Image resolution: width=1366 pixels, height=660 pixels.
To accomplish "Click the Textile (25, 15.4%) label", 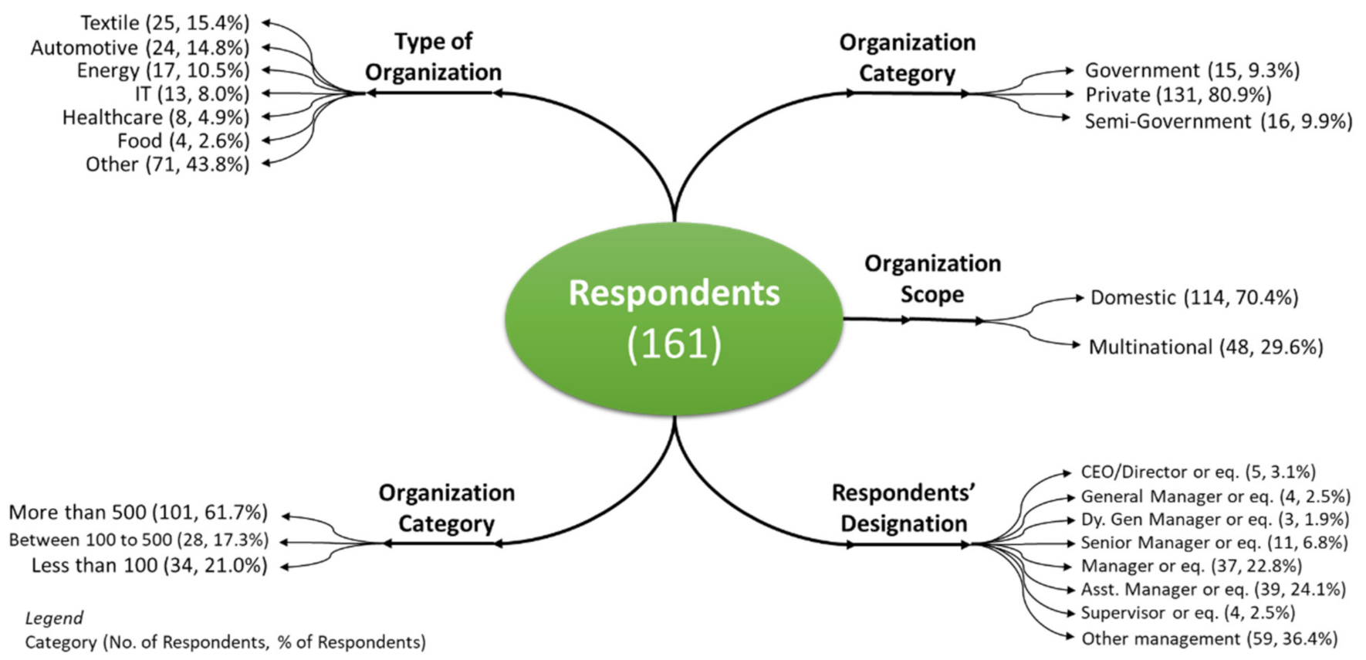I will click(x=165, y=23).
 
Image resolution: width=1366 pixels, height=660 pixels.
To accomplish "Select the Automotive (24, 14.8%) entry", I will click(x=140, y=48).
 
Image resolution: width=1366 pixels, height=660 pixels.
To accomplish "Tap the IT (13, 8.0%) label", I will click(x=192, y=94).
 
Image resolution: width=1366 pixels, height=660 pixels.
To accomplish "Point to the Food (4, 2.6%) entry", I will click(x=183, y=141).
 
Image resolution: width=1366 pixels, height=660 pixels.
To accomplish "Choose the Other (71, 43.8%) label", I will click(x=167, y=164).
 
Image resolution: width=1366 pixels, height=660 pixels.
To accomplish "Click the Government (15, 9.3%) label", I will click(x=1192, y=71).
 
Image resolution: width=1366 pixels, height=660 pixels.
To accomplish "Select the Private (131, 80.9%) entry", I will click(x=1178, y=95).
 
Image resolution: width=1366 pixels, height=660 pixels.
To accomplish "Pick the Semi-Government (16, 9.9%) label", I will click(x=1218, y=122).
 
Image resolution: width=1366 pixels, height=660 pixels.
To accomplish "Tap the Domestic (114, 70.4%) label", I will click(x=1194, y=298).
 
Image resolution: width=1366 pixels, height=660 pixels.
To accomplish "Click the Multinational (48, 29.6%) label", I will click(x=1205, y=347).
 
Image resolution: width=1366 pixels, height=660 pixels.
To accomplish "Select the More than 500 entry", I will click(x=138, y=513).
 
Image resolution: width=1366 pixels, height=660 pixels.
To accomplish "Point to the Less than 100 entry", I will click(x=149, y=566).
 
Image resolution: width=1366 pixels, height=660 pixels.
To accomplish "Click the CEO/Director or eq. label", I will click(x=1198, y=472).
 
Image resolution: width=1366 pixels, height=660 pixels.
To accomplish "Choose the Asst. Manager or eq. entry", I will click(x=1212, y=590).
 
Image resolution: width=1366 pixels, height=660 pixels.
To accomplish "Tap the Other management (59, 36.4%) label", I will click(x=1209, y=639).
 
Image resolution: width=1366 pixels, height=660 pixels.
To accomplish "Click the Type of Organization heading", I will click(x=433, y=56).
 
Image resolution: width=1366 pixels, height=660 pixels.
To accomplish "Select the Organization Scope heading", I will click(x=932, y=279).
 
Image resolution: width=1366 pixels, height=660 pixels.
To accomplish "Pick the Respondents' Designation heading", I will click(x=904, y=508).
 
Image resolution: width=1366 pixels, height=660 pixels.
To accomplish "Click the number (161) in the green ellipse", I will click(x=674, y=344).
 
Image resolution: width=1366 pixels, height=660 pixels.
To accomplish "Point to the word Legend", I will click(x=54, y=618).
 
